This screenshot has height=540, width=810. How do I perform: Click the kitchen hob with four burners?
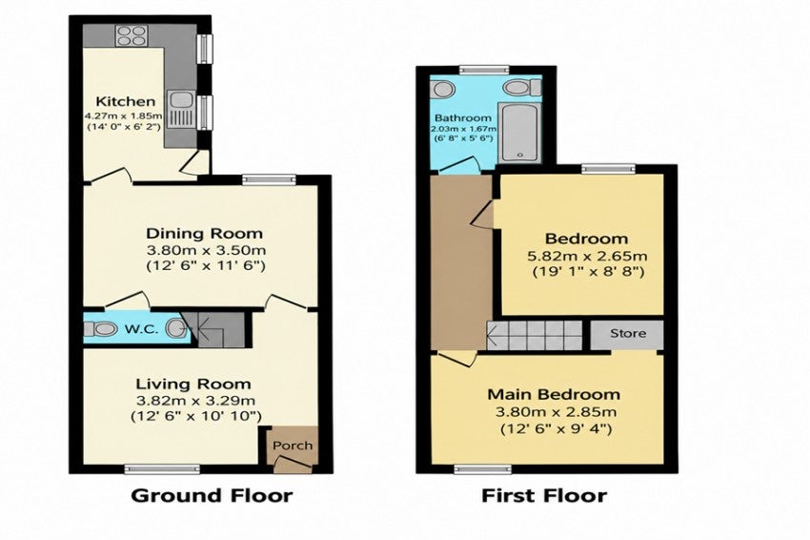tap(132, 36)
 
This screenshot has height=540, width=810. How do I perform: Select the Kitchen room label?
tap(126, 101)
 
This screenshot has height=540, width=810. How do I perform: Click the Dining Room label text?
tap(205, 234)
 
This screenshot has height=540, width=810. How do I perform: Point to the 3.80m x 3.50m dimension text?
tap(206, 251)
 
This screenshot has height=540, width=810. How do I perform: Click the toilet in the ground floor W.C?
tap(100, 328)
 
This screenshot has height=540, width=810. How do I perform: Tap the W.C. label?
tap(141, 329)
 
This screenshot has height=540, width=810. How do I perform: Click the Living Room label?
tap(193, 384)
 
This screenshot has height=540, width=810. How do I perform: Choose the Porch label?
tap(293, 446)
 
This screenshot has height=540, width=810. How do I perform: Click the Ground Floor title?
tap(212, 495)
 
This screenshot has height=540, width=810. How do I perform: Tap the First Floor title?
tap(544, 495)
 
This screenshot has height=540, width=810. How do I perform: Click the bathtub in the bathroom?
tap(518, 132)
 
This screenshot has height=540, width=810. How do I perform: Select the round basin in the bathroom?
tap(443, 89)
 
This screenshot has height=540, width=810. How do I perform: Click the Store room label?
tap(628, 333)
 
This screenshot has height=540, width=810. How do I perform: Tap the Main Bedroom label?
tap(554, 394)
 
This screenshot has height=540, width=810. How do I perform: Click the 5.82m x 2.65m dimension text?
tap(588, 256)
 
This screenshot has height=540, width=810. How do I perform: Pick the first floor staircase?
tap(535, 335)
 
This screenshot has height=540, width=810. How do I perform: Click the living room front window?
tap(162, 468)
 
